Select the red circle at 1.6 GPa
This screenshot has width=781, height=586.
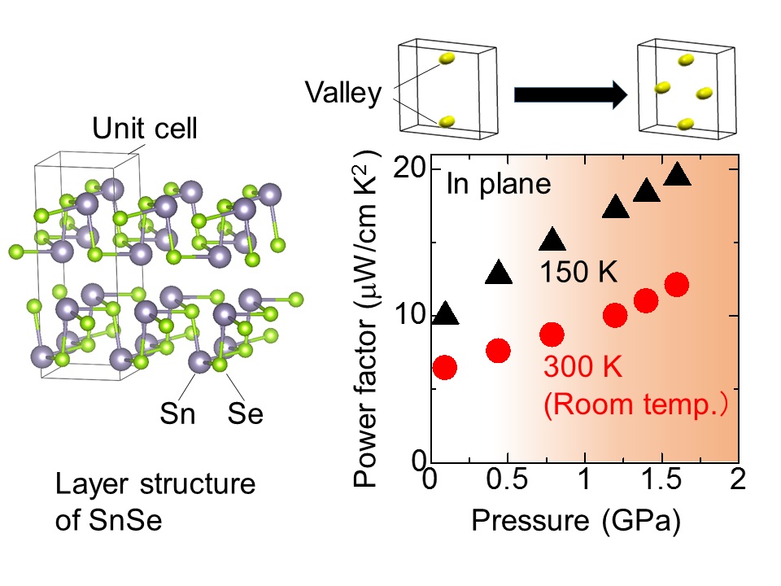tap(677, 285)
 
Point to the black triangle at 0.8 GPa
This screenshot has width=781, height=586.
tap(553, 239)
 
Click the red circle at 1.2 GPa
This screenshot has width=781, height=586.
tap(615, 316)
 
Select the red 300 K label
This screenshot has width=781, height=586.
tap(582, 368)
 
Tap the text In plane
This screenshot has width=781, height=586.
tap(499, 186)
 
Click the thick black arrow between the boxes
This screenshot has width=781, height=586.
tap(570, 95)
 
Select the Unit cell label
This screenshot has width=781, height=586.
tap(144, 129)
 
